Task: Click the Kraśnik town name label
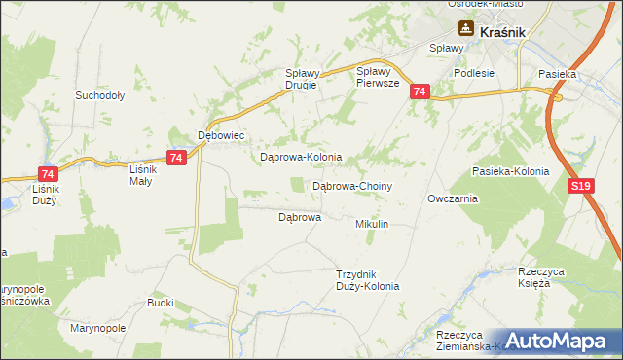point(503,31)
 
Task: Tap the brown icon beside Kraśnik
point(466,30)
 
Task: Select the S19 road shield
point(580,185)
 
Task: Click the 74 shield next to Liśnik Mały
point(176,158)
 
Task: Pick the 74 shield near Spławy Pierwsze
point(419,91)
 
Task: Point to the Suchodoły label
point(99,96)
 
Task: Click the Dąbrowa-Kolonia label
point(300,157)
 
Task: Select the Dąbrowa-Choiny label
point(351,185)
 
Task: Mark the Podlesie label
point(474,73)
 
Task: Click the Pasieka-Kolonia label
point(510,171)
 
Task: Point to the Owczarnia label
point(452,198)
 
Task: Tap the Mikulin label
point(372,224)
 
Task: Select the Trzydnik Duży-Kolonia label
point(367,280)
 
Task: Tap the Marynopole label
point(98,328)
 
